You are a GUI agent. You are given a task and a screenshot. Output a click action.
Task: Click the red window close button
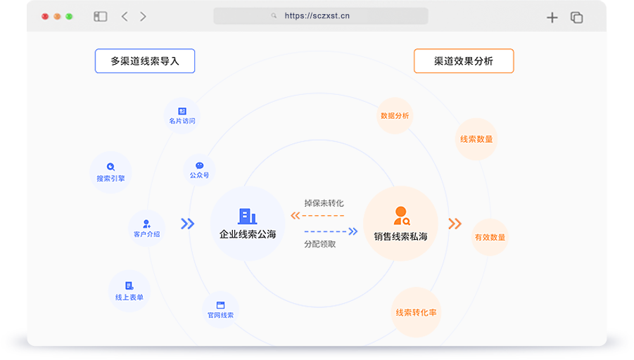point(45,16)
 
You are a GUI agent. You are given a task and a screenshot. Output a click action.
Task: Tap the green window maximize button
point(69,16)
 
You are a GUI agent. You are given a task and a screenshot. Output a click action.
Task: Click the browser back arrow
point(125,16)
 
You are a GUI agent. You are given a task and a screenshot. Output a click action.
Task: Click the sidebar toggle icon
point(100,16)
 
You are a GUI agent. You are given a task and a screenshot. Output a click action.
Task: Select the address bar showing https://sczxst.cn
point(320,16)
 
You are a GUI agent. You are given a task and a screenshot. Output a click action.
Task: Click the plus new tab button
point(552,18)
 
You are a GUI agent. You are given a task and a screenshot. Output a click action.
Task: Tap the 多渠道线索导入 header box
point(145,61)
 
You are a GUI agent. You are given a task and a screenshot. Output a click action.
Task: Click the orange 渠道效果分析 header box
point(464,61)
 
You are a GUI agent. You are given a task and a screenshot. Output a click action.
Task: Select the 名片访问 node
point(182,115)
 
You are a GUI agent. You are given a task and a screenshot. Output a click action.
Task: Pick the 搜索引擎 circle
point(111,172)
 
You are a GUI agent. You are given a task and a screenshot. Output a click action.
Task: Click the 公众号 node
point(199,169)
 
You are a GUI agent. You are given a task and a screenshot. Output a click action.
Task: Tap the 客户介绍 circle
point(146,228)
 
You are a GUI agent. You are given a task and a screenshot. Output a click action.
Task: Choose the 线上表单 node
point(129,290)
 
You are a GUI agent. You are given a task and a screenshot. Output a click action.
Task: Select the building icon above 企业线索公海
point(247,216)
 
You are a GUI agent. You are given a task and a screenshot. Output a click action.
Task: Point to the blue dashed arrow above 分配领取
point(331,231)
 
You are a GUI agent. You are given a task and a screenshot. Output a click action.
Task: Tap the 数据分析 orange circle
point(394,116)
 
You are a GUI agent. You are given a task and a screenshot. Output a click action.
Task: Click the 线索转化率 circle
point(417,312)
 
